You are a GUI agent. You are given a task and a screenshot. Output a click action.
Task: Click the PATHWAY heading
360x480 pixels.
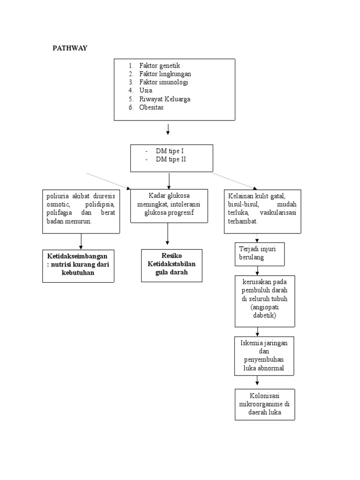70,48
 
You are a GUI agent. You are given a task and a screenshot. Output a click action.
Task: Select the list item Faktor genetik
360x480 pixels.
159,66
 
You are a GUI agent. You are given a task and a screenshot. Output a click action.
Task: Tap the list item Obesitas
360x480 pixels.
151,107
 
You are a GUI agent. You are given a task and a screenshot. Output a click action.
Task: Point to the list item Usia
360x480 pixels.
146,90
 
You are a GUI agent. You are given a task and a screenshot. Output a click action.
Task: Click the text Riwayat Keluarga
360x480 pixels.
165,99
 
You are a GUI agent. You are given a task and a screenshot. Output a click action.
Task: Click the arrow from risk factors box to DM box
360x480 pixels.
168,129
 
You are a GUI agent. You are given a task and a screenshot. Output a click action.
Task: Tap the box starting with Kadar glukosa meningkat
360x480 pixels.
169,205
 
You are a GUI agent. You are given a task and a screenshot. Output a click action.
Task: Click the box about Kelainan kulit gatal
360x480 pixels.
262,211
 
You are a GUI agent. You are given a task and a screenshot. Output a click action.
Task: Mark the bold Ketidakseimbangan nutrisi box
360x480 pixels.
78,265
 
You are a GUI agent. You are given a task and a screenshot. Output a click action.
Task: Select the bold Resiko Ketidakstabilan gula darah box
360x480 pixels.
172,265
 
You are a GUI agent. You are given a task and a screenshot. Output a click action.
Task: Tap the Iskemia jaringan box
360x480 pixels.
265,356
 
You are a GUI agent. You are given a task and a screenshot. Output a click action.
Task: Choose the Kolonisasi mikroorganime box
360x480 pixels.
265,404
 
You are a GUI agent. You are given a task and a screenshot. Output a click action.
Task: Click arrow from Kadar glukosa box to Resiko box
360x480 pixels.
167,234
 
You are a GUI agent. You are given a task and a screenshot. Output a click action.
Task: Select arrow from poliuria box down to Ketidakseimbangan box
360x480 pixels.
81,241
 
